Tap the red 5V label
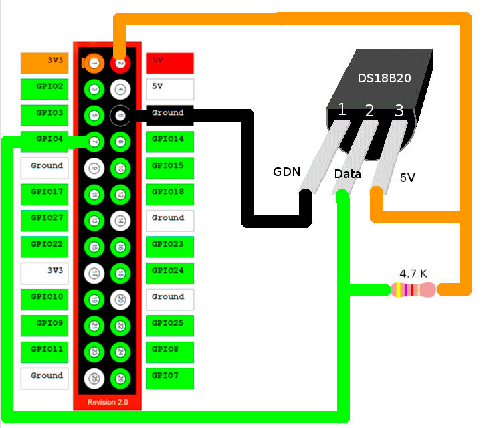pyautogui.click(x=170, y=62)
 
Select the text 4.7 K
pyautogui.click(x=414, y=273)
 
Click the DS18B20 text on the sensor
pyautogui.click(x=384, y=78)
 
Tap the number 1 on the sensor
pyautogui.click(x=342, y=110)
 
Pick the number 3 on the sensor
pyautogui.click(x=399, y=111)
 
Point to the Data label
pyautogui.click(x=348, y=174)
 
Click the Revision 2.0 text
pyautogui.click(x=107, y=403)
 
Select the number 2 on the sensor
pyautogui.click(x=369, y=111)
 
